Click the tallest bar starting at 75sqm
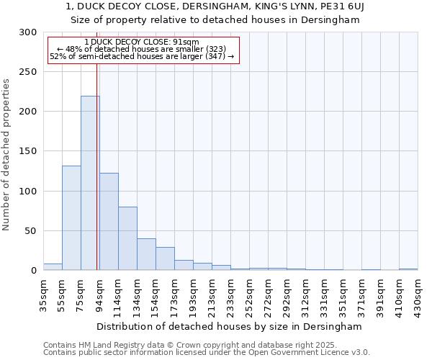click(90, 183)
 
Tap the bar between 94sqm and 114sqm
click(109, 221)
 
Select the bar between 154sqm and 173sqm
click(165, 258)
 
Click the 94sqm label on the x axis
click(99, 294)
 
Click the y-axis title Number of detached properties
click(6, 155)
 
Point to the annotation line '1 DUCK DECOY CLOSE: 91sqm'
click(141, 42)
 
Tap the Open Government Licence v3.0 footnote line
click(207, 352)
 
